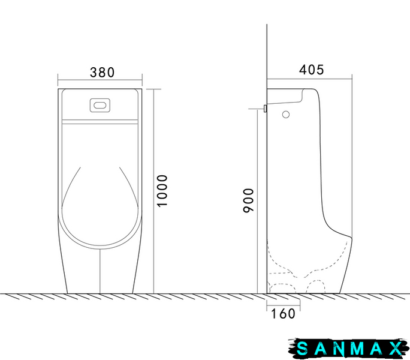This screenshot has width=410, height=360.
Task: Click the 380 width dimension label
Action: pyautogui.click(x=103, y=73)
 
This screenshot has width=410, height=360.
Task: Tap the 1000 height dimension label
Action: pyautogui.click(x=162, y=191)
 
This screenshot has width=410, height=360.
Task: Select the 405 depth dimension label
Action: pyautogui.click(x=312, y=70)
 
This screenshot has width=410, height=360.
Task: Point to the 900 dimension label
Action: pyautogui.click(x=248, y=200)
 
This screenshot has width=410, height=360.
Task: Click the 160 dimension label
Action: pyautogui.click(x=283, y=314)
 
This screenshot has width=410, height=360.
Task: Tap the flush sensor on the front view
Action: pyautogui.click(x=100, y=105)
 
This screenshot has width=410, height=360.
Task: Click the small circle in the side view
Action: pyautogui.click(x=286, y=115)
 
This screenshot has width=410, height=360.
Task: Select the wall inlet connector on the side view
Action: pyautogui.click(x=265, y=109)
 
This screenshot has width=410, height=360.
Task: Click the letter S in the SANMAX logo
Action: pyautogui.click(x=303, y=349)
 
